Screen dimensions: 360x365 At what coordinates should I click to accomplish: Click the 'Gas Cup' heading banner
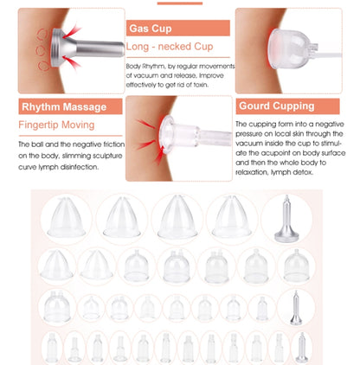pyautogui.click(x=178, y=28)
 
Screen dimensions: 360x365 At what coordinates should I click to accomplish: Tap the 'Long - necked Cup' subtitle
pyautogui.click(x=170, y=47)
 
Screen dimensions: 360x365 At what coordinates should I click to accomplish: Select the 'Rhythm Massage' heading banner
pyautogui.click(x=70, y=106)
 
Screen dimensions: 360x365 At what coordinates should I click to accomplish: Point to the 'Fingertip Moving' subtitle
pyautogui.click(x=56, y=125)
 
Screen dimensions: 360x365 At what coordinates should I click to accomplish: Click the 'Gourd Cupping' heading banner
pyautogui.click(x=287, y=106)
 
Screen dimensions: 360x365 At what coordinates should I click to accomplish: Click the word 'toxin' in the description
pyautogui.click(x=201, y=85)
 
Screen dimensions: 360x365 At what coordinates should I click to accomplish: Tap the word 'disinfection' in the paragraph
pyautogui.click(x=79, y=167)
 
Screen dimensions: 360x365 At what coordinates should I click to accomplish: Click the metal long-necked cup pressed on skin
pyautogui.click(x=87, y=48)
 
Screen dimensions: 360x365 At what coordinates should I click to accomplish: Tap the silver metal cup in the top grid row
pyautogui.click(x=286, y=220)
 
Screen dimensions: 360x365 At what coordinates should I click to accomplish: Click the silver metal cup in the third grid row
pyautogui.click(x=296, y=308)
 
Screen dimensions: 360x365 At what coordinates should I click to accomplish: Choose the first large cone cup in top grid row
pyautogui.click(x=67, y=217)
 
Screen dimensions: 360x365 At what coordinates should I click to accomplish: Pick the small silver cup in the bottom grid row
pyautogui.click(x=302, y=348)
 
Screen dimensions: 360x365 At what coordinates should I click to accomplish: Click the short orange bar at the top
pyautogui.click(x=180, y=3)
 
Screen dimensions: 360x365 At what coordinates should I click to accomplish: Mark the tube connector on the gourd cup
pyautogui.click(x=313, y=50)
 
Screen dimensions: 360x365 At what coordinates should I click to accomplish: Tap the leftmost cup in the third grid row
pyautogui.click(x=57, y=306)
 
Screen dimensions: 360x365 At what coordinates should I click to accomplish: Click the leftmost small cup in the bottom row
pyautogui.click(x=52, y=348)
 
